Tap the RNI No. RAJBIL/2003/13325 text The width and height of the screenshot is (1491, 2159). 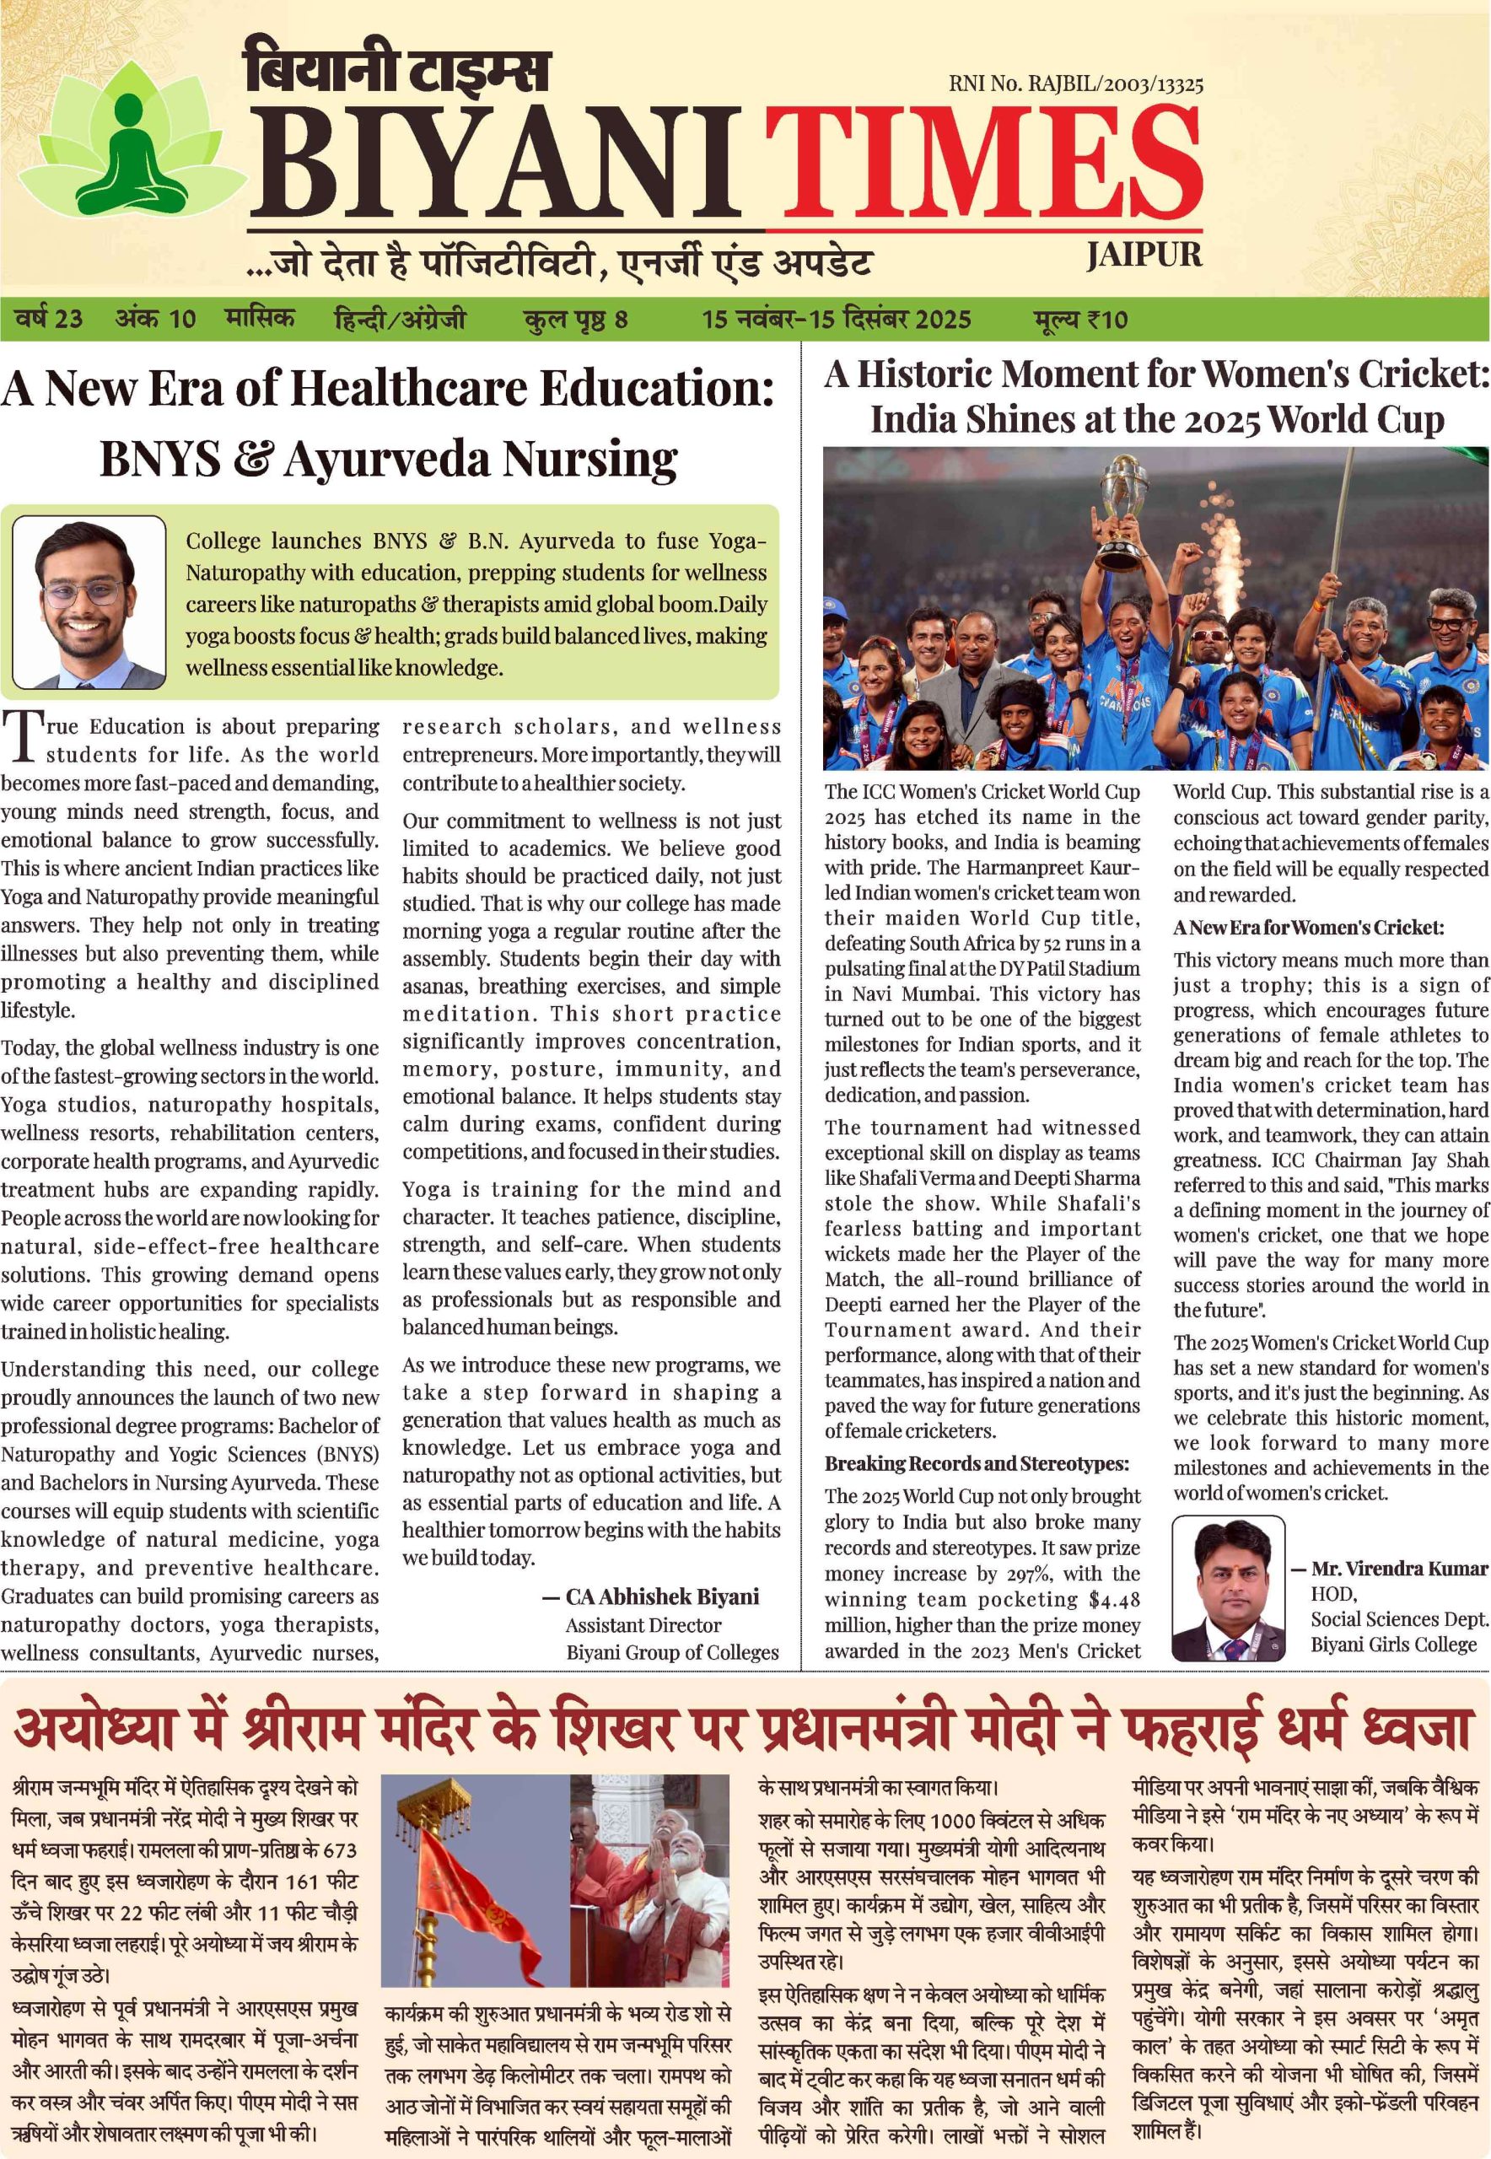[x=1075, y=85]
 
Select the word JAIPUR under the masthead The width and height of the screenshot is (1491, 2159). [x=1144, y=255]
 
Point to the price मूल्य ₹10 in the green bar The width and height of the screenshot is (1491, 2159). [x=1080, y=320]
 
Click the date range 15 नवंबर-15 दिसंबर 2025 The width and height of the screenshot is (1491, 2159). [x=836, y=320]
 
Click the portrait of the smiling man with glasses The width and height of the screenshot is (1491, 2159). [x=89, y=601]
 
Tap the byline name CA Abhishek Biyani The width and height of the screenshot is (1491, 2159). [x=661, y=1596]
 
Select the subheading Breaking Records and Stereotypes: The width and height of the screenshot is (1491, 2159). [x=977, y=1464]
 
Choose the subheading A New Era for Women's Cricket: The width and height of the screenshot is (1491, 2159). [x=1308, y=928]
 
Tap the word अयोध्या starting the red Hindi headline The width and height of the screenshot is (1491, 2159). [x=94, y=1731]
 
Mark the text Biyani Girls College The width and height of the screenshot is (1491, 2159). [x=1393, y=1645]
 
